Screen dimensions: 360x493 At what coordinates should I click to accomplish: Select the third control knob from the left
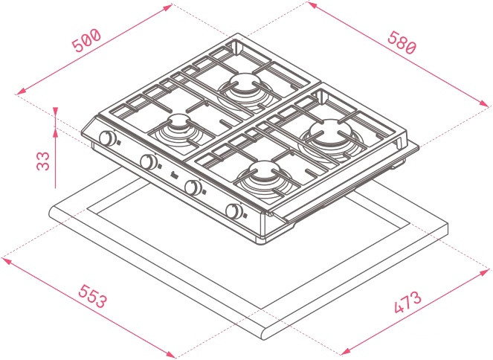(194, 187)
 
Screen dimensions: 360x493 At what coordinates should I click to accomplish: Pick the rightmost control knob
(235, 211)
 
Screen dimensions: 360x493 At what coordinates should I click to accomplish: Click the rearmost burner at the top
(244, 84)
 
